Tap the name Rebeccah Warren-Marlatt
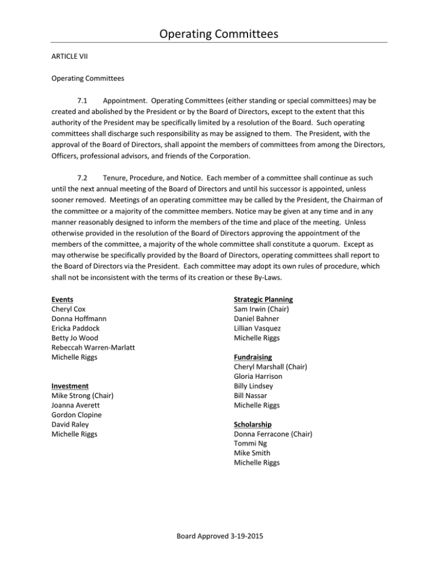(98, 347)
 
